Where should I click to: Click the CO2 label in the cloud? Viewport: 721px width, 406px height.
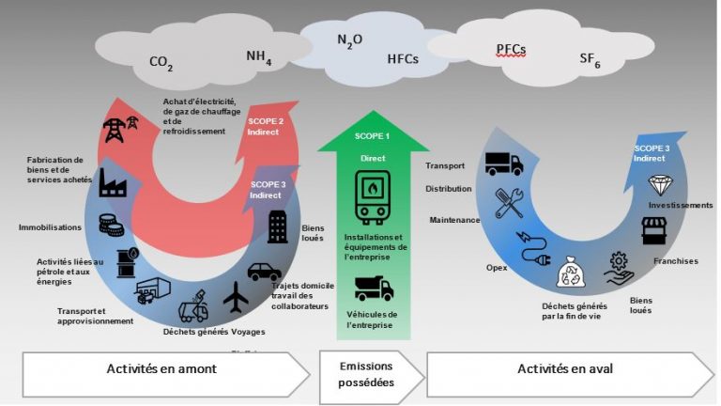click(161, 63)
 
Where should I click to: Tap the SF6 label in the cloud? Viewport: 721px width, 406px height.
click(590, 59)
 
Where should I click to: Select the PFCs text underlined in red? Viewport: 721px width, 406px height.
click(511, 49)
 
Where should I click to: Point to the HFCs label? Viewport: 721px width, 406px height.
click(403, 59)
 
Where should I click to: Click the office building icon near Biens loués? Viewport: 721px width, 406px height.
click(278, 226)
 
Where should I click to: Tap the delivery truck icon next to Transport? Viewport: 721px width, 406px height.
click(504, 164)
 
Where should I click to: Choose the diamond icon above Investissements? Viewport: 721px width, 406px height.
click(663, 183)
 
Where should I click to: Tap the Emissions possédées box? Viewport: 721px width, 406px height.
click(367, 373)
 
